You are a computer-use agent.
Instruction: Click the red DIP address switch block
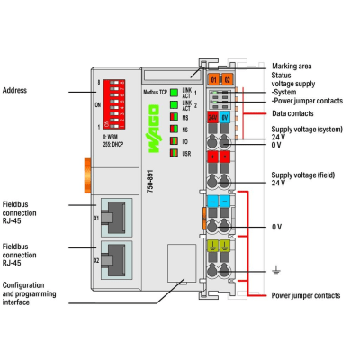coord(119,105)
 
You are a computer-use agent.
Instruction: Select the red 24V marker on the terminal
coord(213,117)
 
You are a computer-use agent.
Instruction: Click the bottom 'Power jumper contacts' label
coord(305,295)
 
